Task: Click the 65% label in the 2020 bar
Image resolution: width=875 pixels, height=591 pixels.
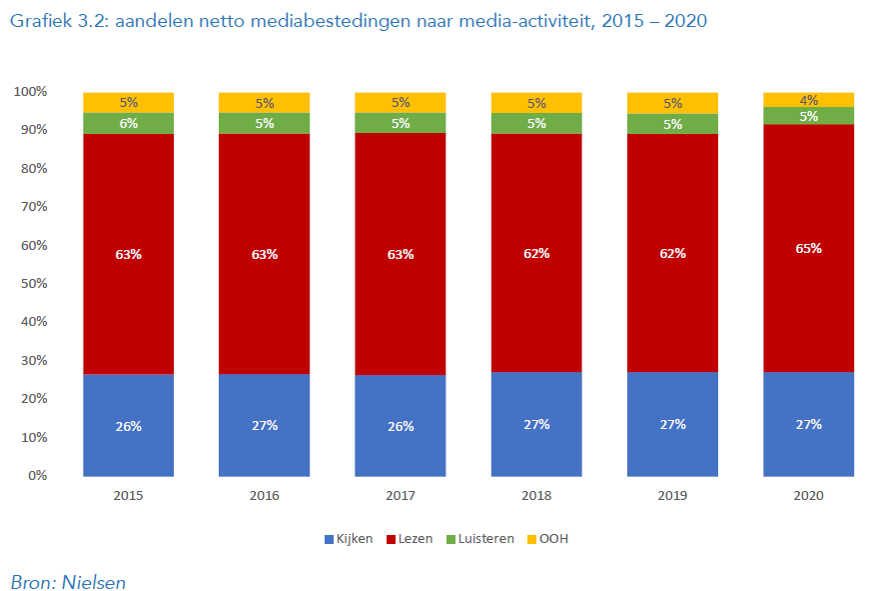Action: point(808,248)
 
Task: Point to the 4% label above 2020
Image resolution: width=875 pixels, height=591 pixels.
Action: point(808,100)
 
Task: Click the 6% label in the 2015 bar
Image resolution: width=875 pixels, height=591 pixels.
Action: point(128,123)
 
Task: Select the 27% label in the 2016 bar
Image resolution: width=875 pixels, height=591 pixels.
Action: point(264,425)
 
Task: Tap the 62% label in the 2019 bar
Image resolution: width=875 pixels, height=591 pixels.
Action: point(672,253)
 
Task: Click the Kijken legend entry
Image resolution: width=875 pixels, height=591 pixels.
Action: point(349,539)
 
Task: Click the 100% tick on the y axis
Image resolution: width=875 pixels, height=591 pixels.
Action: point(29,92)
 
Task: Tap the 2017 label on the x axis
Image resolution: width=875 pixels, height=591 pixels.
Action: point(400,495)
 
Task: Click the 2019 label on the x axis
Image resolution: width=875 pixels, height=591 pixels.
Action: point(672,495)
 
